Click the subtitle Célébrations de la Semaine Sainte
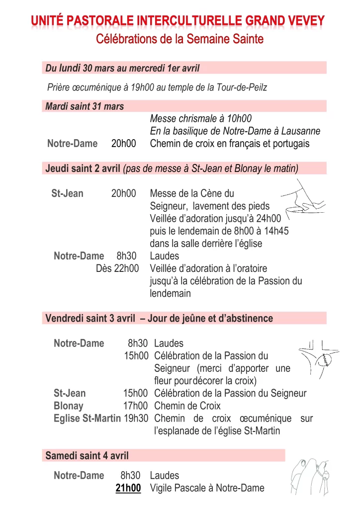(180, 38)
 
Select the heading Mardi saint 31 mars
(85, 106)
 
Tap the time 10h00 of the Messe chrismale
(239, 119)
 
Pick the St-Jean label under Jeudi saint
(67, 193)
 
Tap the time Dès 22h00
(117, 269)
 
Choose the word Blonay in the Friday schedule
(69, 406)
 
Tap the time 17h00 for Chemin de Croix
(136, 406)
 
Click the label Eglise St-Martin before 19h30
(87, 419)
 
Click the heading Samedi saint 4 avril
(87, 455)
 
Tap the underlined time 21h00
(128, 488)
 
